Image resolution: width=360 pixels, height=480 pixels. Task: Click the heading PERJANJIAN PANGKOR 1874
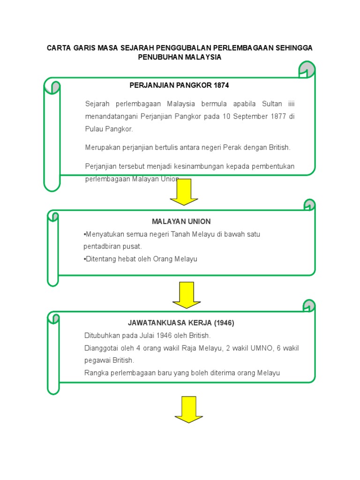tap(179, 85)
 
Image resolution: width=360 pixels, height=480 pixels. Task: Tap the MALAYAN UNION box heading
tap(181, 221)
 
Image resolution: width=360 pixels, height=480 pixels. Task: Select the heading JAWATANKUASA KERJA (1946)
tap(181, 323)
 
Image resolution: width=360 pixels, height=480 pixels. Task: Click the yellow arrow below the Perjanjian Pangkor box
tap(184, 192)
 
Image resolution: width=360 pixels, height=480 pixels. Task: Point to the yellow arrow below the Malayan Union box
tap(186, 295)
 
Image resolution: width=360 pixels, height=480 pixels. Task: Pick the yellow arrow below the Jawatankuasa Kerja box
tap(188, 409)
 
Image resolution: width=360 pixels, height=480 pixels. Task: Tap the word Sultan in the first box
tap(272, 103)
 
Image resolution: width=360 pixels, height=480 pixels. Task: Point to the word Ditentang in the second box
tap(98, 259)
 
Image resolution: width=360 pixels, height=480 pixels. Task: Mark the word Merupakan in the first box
tap(101, 147)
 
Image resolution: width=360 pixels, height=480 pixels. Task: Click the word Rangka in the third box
tap(95, 373)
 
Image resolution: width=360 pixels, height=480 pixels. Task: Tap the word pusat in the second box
tap(133, 246)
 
